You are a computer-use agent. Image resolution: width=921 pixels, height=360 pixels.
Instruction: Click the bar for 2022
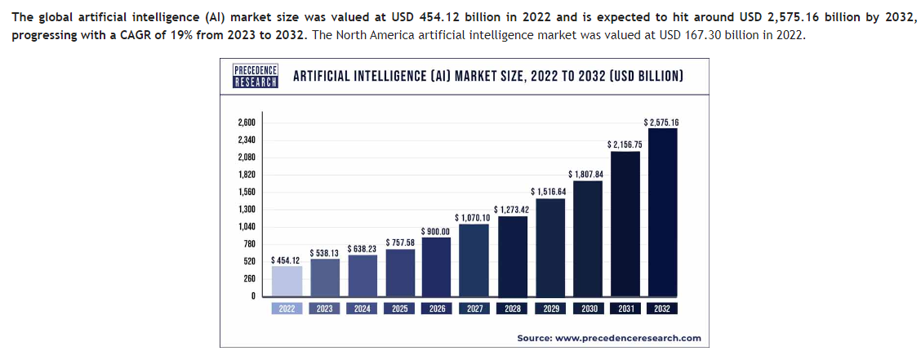click(286, 281)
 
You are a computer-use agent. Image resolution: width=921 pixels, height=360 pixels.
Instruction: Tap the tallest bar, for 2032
click(662, 212)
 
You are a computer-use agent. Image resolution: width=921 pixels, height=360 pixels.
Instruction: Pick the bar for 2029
click(549, 247)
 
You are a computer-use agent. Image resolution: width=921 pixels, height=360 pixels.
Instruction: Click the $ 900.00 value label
click(436, 231)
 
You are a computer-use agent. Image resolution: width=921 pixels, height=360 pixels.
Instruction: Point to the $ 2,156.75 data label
click(625, 144)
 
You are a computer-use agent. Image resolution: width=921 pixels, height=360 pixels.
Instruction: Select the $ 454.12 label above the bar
click(286, 260)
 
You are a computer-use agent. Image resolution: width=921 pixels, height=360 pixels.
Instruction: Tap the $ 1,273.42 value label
click(512, 210)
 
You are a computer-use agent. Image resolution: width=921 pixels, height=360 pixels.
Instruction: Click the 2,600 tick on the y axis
click(247, 122)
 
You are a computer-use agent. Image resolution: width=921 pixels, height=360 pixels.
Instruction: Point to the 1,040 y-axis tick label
click(247, 226)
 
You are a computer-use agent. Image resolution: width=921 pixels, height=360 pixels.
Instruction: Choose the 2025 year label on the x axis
click(399, 309)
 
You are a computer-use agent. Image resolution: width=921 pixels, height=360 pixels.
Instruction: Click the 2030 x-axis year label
click(587, 309)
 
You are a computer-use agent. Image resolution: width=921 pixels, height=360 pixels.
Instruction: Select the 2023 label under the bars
click(324, 309)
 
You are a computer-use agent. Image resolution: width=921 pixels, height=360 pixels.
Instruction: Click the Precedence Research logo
click(256, 76)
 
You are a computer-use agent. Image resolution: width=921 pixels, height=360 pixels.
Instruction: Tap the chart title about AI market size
click(488, 76)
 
